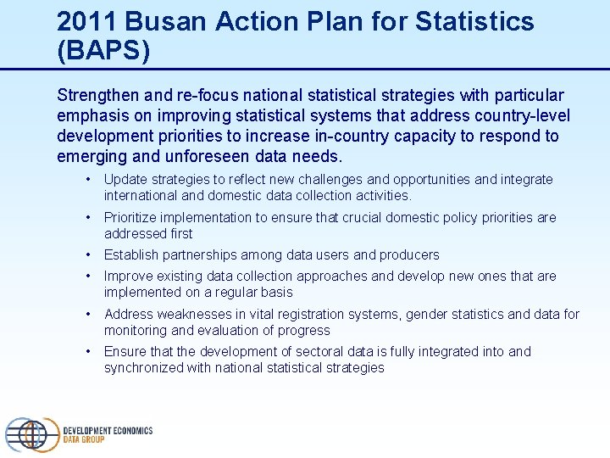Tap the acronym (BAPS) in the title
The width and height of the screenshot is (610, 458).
coord(103,51)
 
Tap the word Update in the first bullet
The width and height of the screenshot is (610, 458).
coord(125,180)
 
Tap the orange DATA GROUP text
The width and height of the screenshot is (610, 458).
coord(84,440)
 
